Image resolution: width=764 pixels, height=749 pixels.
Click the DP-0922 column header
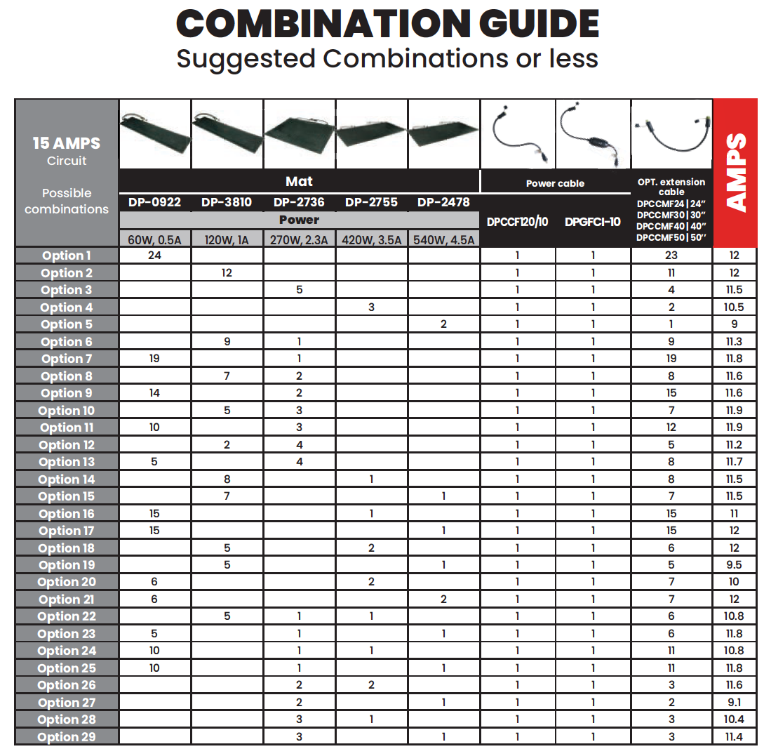[x=154, y=202]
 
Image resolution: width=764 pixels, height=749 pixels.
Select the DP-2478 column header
[x=443, y=202]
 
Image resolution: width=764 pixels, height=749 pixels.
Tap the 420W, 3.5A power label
[x=371, y=240]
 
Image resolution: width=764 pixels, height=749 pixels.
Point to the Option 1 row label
[x=67, y=256]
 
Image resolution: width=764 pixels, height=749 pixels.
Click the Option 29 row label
[x=67, y=737]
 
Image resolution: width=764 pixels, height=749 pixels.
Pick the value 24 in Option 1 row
[x=154, y=256]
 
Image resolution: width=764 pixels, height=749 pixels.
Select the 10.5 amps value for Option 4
[x=735, y=307]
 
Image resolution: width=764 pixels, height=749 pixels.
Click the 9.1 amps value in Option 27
[x=735, y=703]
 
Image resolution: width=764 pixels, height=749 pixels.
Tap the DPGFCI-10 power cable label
[x=593, y=222]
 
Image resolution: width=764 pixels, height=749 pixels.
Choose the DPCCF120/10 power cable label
[x=518, y=222]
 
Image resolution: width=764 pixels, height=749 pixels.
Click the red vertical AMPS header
[x=736, y=171]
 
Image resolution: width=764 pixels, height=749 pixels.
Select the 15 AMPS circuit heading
[x=67, y=144]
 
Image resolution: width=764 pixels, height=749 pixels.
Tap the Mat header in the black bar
[x=299, y=182]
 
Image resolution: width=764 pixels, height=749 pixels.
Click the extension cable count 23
[x=671, y=256]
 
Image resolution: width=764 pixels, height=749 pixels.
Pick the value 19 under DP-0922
[x=154, y=359]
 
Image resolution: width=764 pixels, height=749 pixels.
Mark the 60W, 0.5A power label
[x=154, y=240]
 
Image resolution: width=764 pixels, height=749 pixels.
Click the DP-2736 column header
[x=299, y=202]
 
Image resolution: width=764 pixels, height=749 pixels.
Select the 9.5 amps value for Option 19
[x=735, y=565]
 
